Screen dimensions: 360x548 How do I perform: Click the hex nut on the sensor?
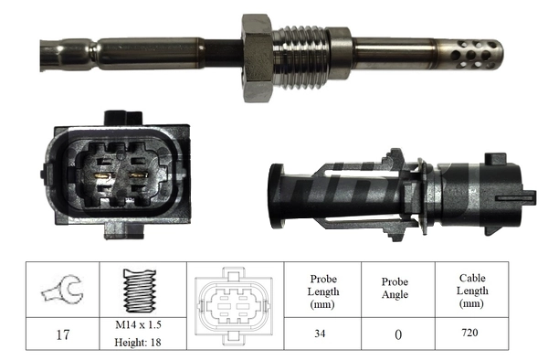pyautogui.click(x=258, y=57)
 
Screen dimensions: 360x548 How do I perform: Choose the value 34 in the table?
pyautogui.click(x=319, y=334)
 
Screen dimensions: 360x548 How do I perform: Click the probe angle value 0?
pyautogui.click(x=396, y=334)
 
